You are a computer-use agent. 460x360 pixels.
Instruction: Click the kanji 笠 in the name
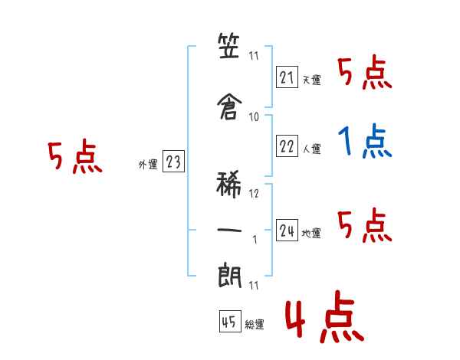tap(228, 46)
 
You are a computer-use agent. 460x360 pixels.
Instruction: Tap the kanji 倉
tap(229, 106)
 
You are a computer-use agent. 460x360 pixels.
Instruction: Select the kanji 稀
tap(228, 185)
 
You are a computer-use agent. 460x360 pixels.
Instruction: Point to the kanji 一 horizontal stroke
tap(229, 230)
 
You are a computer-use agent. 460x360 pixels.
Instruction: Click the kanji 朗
tap(230, 275)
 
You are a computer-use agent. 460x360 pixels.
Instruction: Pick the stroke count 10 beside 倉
tap(254, 117)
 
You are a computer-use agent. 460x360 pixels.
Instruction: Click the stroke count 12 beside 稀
tap(254, 194)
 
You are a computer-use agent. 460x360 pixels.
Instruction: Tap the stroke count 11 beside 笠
tap(254, 56)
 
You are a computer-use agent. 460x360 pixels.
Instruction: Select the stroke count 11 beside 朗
tap(254, 286)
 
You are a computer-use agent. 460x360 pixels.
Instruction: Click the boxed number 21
tap(287, 77)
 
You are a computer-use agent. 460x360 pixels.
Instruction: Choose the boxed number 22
tap(287, 146)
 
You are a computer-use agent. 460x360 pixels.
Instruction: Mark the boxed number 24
tap(287, 231)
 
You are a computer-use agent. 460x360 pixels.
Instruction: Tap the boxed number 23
tap(173, 162)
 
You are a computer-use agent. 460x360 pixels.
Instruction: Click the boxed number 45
tap(230, 321)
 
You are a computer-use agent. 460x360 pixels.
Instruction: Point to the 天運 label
tap(312, 80)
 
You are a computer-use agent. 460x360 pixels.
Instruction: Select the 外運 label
tap(148, 165)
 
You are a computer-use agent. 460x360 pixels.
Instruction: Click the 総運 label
tap(255, 325)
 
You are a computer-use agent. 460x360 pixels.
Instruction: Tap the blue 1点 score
tap(365, 141)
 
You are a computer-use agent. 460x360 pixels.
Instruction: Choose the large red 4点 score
tap(325, 316)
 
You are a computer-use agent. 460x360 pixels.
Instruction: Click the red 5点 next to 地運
tap(365, 225)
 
